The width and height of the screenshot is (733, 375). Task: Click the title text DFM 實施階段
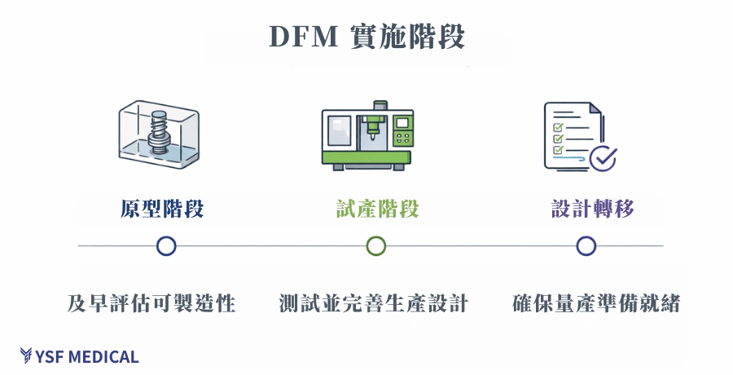pyautogui.click(x=367, y=37)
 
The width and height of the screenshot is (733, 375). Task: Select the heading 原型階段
pyautogui.click(x=162, y=209)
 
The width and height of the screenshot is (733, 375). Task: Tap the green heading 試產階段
pyautogui.click(x=378, y=209)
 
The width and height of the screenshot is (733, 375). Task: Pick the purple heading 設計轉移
pyautogui.click(x=593, y=209)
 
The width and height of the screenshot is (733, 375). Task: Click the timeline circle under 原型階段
pyautogui.click(x=166, y=246)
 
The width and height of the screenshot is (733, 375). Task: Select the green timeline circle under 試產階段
pyautogui.click(x=375, y=246)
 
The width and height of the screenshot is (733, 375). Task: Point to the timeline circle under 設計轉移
pyautogui.click(x=586, y=246)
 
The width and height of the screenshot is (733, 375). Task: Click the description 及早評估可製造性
pyautogui.click(x=151, y=304)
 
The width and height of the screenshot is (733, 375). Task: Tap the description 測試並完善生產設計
pyautogui.click(x=373, y=304)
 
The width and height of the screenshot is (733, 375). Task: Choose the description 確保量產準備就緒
pyautogui.click(x=596, y=304)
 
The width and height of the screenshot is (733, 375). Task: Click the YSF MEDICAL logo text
pyautogui.click(x=88, y=357)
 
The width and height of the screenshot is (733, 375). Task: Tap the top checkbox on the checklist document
pyautogui.click(x=559, y=114)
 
